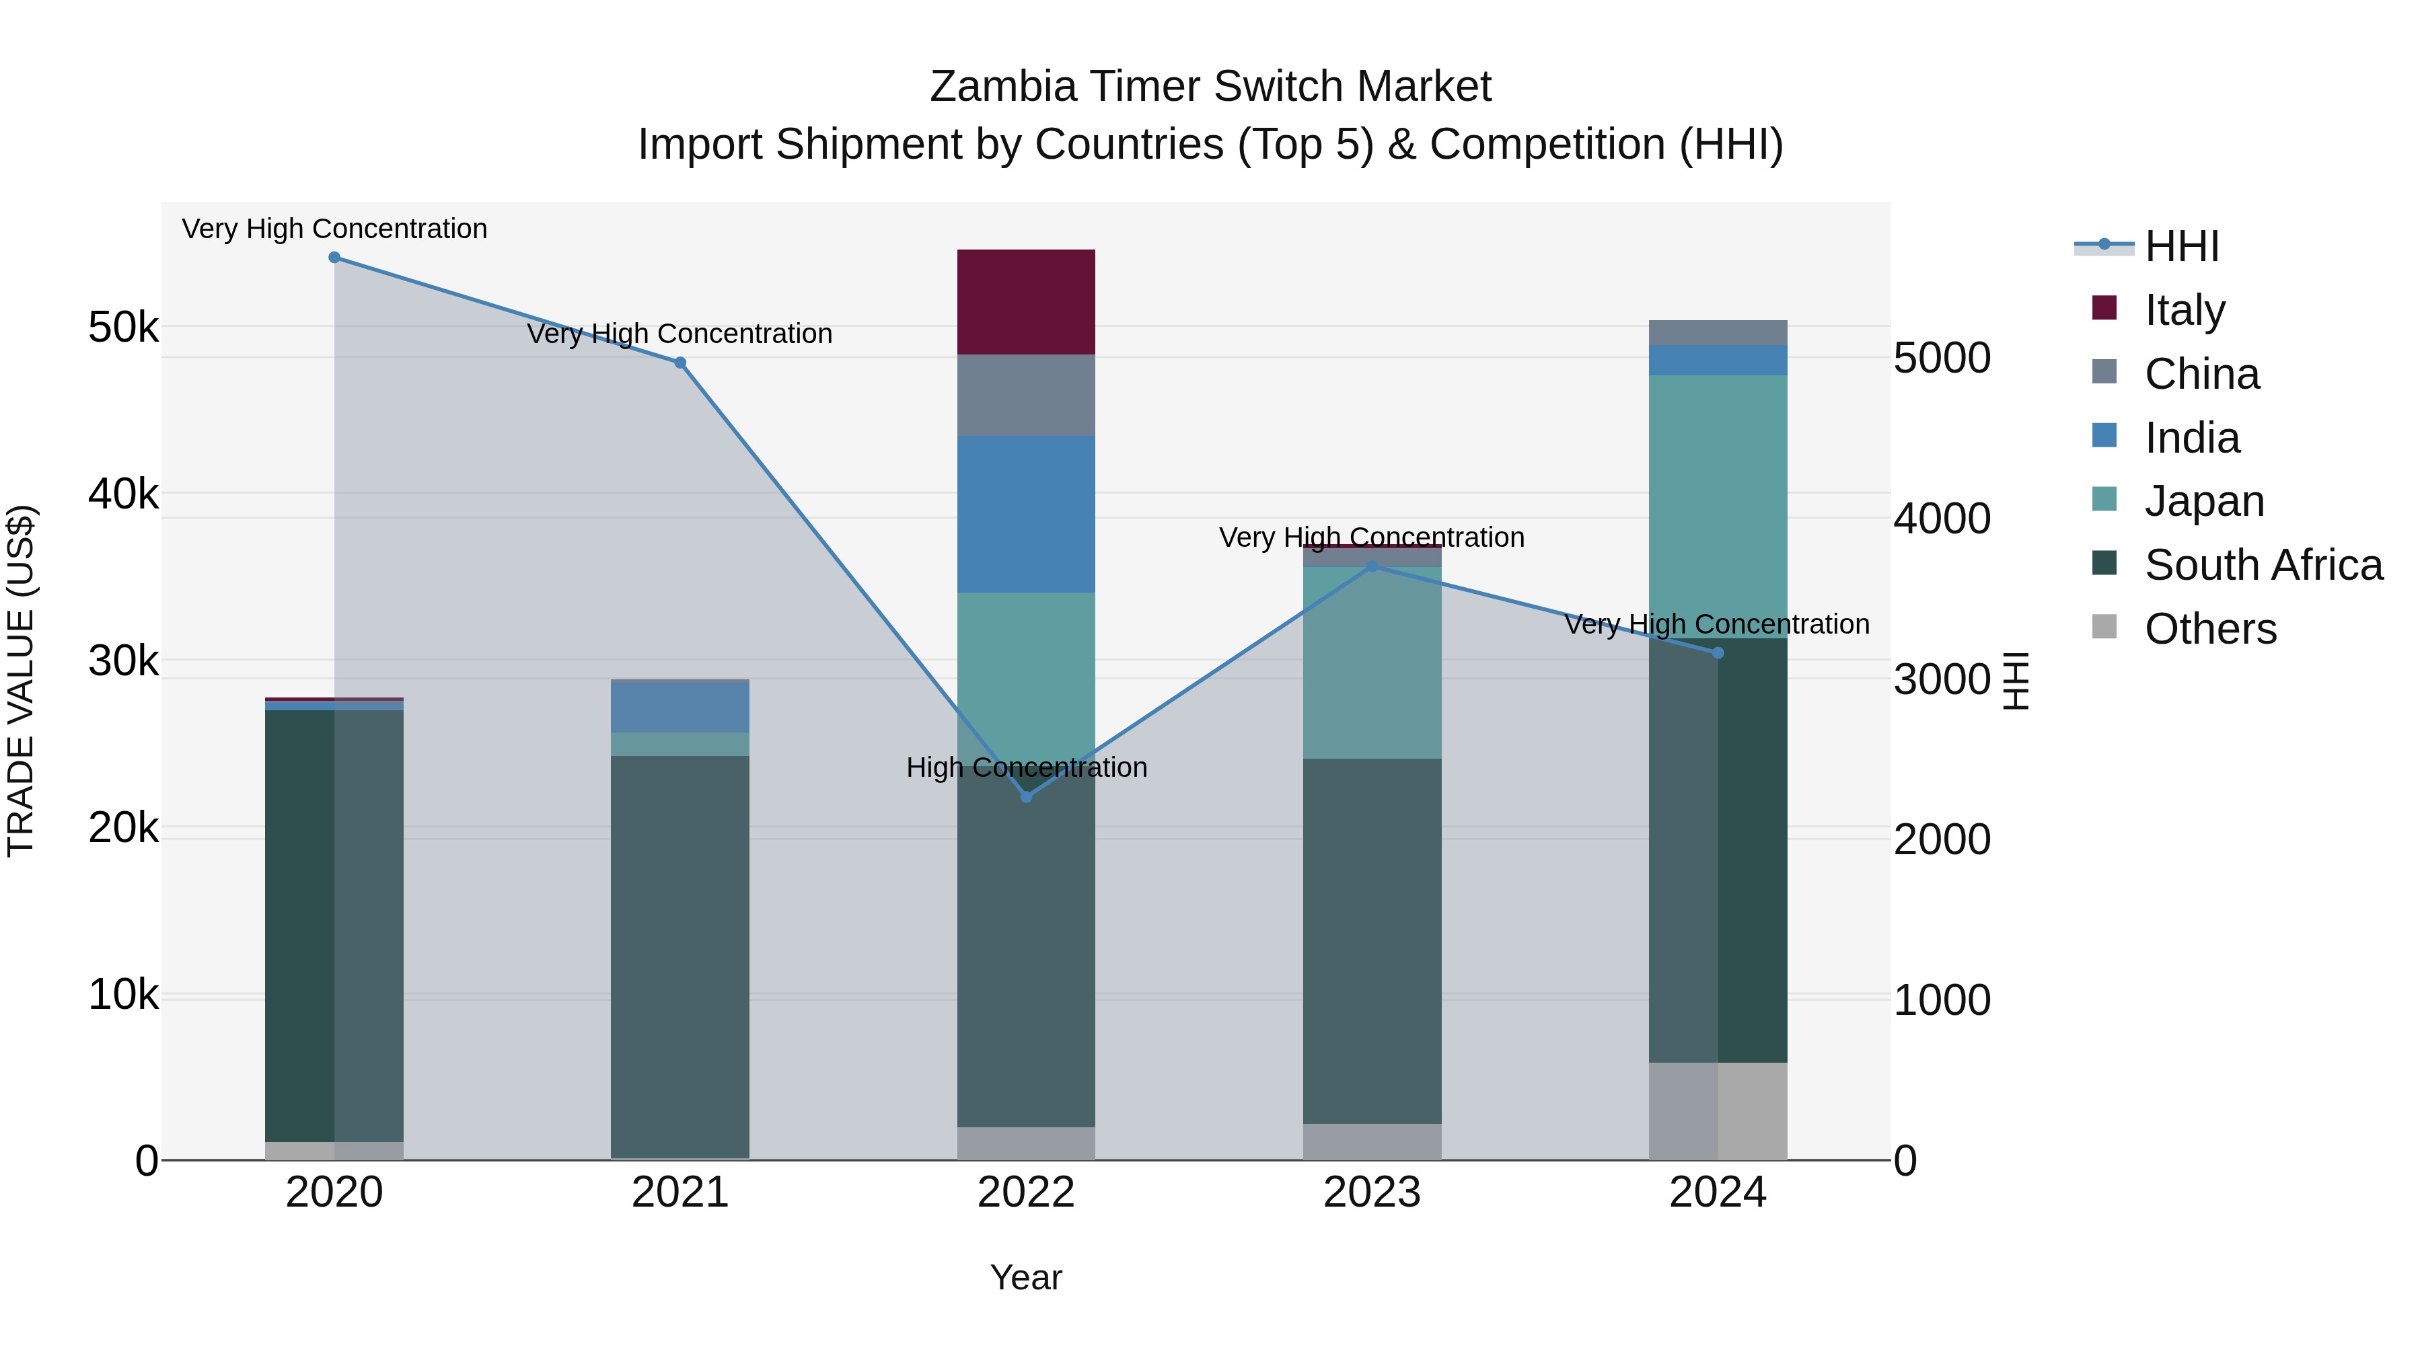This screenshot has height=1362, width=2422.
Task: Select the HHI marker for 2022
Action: (1026, 797)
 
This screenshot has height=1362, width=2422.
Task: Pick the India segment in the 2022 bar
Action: (1026, 514)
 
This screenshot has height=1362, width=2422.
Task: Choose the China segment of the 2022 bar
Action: (1026, 395)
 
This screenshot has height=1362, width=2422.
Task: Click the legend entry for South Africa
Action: (2263, 565)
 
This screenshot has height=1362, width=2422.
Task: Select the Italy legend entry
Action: (2184, 310)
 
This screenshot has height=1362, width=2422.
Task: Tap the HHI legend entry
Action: (2181, 246)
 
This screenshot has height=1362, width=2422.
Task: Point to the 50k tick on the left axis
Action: (123, 328)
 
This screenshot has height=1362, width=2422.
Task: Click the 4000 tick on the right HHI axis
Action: (1942, 519)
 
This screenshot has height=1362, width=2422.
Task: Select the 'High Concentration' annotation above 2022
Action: (1027, 768)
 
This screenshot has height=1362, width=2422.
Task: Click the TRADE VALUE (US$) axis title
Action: (21, 681)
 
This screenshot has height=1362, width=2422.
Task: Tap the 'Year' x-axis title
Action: (1026, 1279)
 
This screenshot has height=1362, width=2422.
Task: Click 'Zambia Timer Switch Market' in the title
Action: (1210, 87)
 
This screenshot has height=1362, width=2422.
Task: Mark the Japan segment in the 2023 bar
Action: (1372, 663)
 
